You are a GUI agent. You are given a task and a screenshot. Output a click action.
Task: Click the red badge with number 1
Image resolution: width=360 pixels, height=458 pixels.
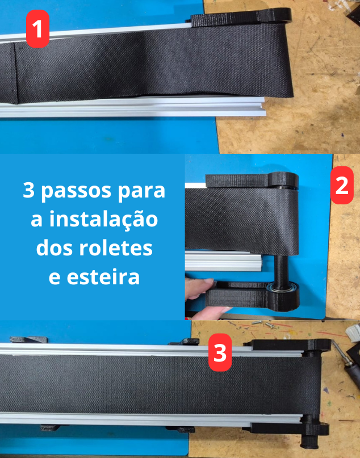[37, 28]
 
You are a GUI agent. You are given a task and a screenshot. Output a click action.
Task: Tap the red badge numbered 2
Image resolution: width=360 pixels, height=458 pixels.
[342, 185]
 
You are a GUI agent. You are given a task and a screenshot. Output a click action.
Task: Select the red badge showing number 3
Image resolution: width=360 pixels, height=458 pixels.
[220, 352]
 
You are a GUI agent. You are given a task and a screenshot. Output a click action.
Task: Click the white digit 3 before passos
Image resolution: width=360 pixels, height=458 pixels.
[28, 191]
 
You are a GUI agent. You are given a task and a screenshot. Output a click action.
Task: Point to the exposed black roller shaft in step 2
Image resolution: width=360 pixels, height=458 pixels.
[281, 268]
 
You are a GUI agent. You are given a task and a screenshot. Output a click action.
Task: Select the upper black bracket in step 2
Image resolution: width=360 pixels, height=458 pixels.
[252, 180]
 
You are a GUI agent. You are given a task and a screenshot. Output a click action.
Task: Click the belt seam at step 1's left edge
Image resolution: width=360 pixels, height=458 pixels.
[15, 73]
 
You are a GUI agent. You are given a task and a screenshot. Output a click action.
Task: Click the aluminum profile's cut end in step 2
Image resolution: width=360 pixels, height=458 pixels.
[262, 263]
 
